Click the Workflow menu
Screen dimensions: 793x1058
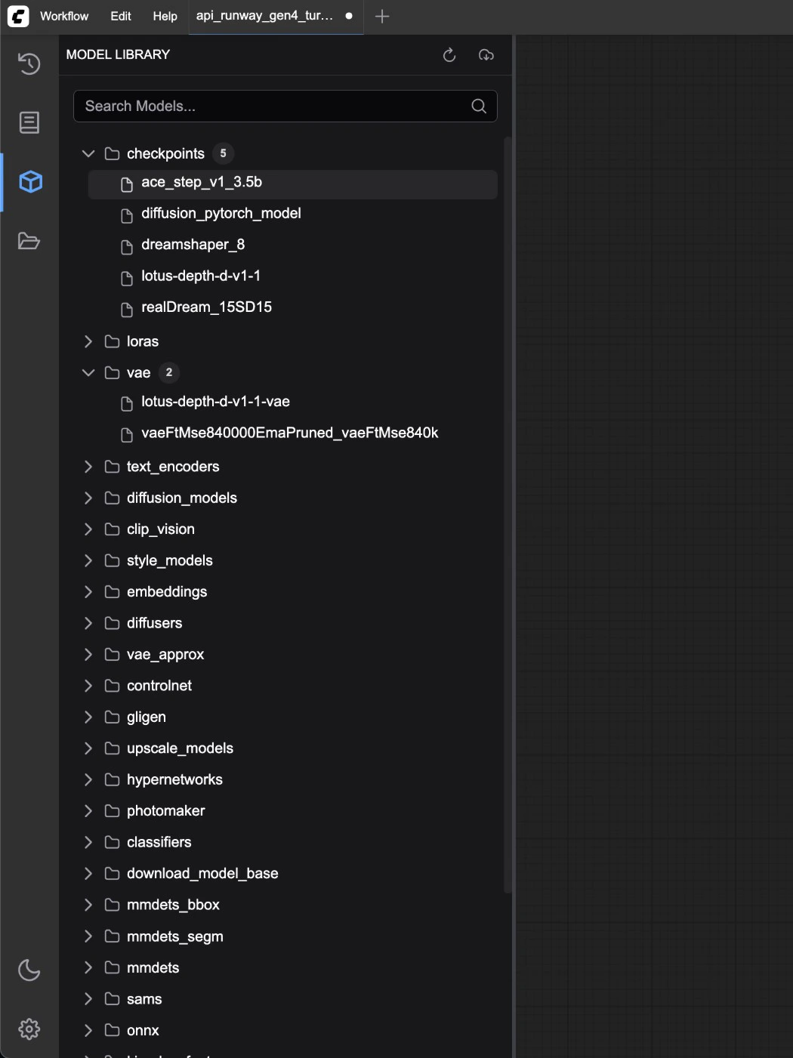coord(64,16)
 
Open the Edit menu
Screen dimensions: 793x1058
coord(121,16)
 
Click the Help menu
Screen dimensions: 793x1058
coord(165,16)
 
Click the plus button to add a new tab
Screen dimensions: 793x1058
coord(382,17)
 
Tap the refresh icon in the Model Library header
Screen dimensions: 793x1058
coord(449,55)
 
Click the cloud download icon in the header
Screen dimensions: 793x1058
coord(486,55)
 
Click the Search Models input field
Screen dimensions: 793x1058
coord(285,106)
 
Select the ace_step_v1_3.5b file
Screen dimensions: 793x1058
coord(202,182)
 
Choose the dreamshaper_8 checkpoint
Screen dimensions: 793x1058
coord(193,245)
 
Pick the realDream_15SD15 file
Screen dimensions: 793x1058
coord(206,307)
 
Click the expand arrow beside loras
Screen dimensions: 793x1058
coord(88,341)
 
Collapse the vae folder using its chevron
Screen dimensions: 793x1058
coord(88,372)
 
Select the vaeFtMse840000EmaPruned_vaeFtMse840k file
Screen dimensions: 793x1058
coord(290,433)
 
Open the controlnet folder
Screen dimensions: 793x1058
coord(159,686)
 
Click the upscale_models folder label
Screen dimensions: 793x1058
coord(180,748)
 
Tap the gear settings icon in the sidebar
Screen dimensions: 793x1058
coord(29,1029)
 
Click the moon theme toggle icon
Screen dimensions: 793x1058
coord(29,970)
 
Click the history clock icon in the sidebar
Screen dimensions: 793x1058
coord(29,63)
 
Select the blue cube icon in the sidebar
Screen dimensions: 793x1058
coord(30,182)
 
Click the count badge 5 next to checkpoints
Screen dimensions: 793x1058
coord(223,153)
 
